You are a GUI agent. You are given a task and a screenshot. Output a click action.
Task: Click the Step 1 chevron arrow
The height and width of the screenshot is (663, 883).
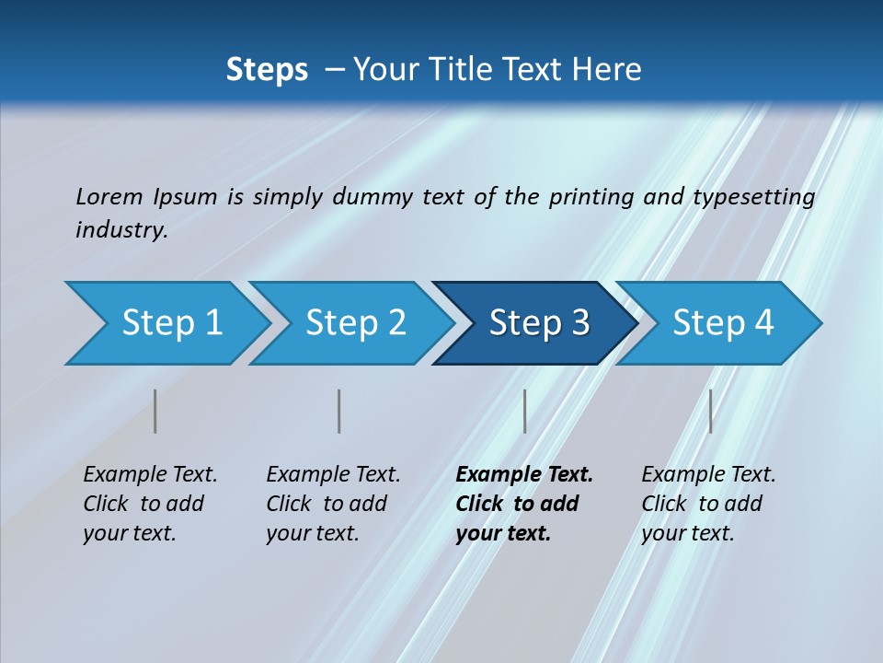(x=166, y=323)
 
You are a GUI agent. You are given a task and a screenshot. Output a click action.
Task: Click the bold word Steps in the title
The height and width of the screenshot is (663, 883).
(x=267, y=70)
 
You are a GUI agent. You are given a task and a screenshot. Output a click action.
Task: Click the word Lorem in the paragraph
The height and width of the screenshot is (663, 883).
(x=109, y=196)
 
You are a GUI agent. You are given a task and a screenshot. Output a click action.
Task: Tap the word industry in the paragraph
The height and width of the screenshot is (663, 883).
(x=121, y=229)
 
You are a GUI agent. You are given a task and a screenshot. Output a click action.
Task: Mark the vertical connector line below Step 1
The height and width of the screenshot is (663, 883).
(x=155, y=411)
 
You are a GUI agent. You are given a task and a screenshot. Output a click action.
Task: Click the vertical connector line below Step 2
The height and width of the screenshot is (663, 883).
(x=339, y=411)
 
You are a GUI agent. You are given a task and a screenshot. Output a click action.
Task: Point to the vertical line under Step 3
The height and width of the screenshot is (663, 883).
(x=524, y=411)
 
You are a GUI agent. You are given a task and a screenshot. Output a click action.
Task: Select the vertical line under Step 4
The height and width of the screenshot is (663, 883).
(x=710, y=411)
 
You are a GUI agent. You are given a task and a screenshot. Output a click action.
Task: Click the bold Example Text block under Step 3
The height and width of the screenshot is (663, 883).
(x=524, y=504)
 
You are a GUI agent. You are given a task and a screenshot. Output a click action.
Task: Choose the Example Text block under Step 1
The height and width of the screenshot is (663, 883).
(x=150, y=504)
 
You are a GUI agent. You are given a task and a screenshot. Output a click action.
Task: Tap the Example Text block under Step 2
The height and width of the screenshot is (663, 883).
(x=333, y=504)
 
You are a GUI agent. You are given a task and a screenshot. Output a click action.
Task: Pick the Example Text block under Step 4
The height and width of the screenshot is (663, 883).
(x=708, y=504)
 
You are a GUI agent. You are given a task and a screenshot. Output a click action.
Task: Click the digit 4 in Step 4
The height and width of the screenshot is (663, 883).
(x=763, y=323)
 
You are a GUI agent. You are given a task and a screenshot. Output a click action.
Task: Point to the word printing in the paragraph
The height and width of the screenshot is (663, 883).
(x=583, y=196)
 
